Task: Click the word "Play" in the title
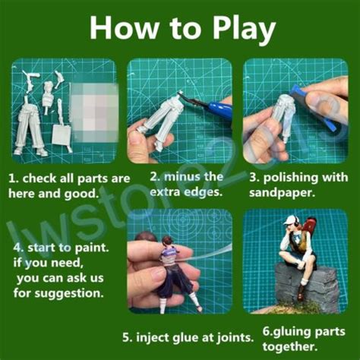(244, 30)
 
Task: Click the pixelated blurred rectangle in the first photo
(94, 112)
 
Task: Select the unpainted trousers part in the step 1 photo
(31, 127)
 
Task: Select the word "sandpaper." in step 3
(282, 193)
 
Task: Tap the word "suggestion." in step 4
(69, 294)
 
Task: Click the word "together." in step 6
(289, 346)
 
